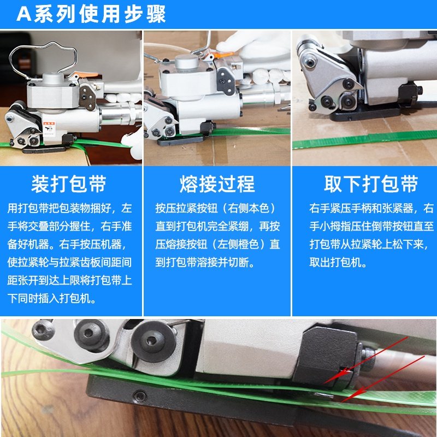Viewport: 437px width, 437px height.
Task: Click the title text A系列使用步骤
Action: point(91,14)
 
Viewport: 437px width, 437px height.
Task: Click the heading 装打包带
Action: point(69,184)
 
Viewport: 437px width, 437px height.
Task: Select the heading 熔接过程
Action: point(217,184)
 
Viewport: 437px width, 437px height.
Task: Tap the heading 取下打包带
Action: point(371,184)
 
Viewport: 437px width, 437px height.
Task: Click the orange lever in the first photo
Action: point(86,75)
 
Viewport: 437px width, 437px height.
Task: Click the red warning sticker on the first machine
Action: point(49,128)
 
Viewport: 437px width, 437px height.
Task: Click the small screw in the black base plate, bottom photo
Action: point(140,395)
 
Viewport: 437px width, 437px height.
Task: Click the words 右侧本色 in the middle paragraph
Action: point(249,208)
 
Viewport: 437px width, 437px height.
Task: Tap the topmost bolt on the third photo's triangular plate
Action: point(310,62)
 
